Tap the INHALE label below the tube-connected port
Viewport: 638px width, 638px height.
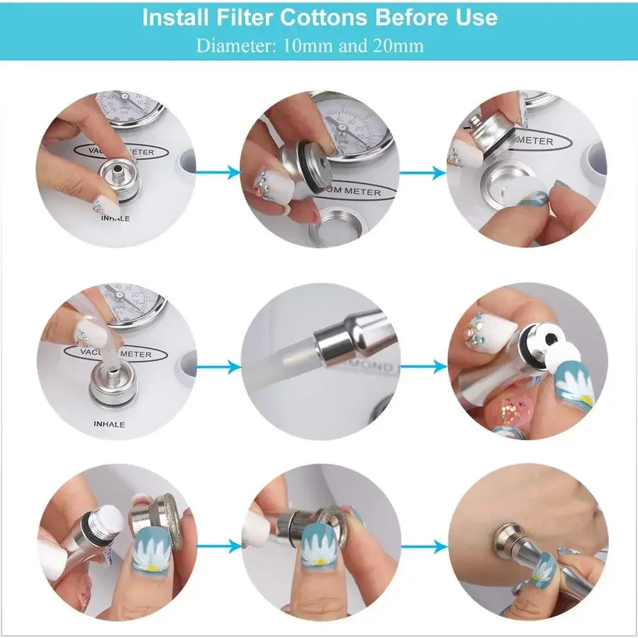[x=108, y=424]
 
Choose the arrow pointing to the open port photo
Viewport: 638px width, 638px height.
[x=424, y=171]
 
